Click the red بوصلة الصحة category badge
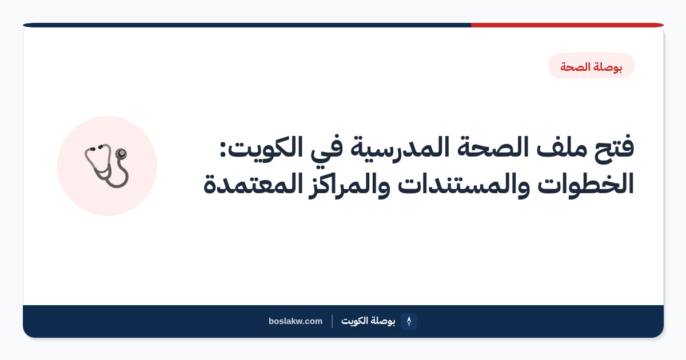[591, 66]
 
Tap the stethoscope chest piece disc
[121, 153]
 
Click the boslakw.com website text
[296, 321]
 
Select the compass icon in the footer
[409, 321]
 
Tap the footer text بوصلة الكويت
[368, 321]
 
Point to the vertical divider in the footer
[332, 321]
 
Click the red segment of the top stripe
[567, 25]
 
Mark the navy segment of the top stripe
[247, 25]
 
